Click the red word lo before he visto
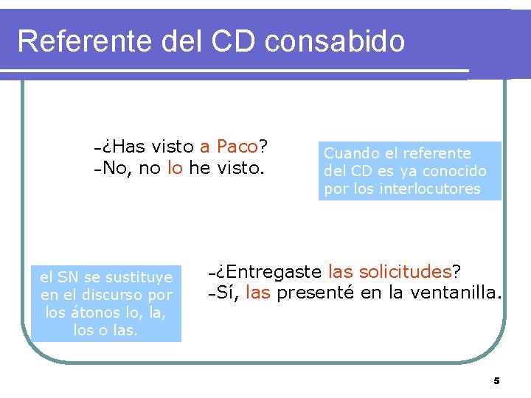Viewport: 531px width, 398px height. [x=175, y=168]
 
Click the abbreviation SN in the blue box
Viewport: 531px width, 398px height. [x=68, y=277]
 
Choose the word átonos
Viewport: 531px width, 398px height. [x=91, y=313]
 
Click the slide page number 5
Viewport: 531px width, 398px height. [x=496, y=381]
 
